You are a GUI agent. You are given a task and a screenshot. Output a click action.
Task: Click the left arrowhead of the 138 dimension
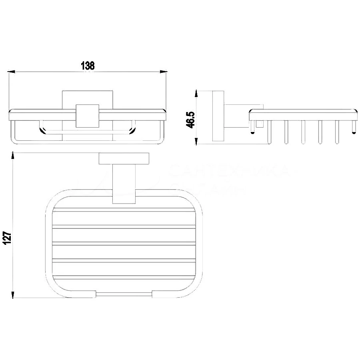tap(12, 72)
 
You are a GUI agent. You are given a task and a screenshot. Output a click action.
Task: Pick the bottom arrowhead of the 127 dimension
tap(14, 295)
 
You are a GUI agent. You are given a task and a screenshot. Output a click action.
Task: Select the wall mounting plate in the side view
tap(218, 117)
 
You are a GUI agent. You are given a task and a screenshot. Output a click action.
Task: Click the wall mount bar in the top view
tap(124, 158)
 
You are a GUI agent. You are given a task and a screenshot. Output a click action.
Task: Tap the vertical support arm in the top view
tap(124, 184)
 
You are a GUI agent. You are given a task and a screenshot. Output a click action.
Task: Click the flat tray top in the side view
tap(303, 114)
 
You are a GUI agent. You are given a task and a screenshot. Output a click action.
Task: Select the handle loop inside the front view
tap(87, 130)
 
